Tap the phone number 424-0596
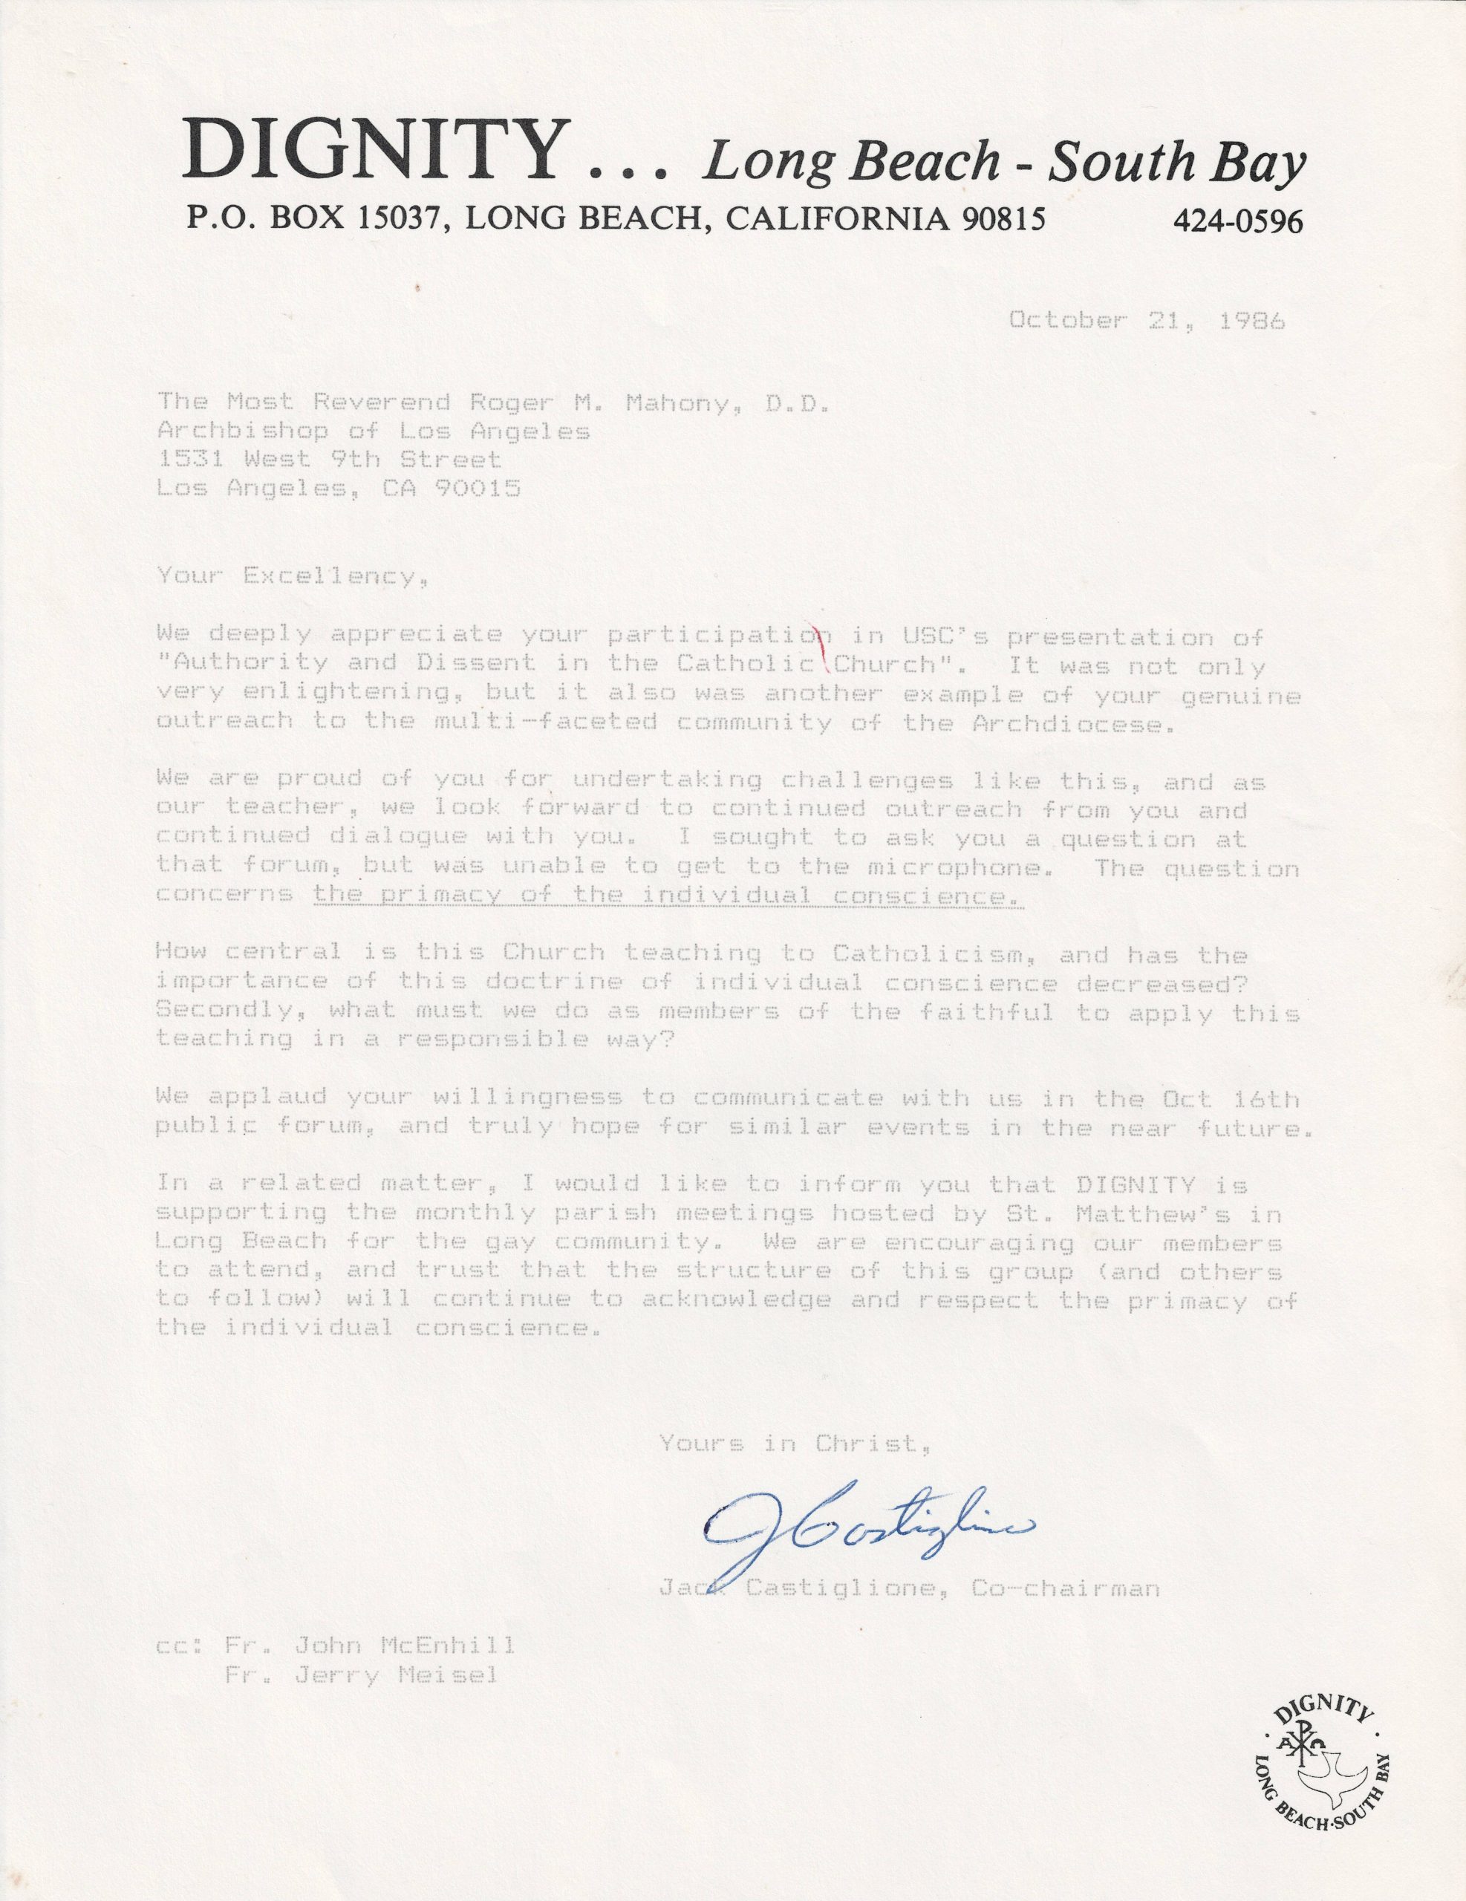(x=1238, y=223)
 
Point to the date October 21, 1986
(x=1147, y=322)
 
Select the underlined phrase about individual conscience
(x=668, y=896)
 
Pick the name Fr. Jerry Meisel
(x=359, y=1675)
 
